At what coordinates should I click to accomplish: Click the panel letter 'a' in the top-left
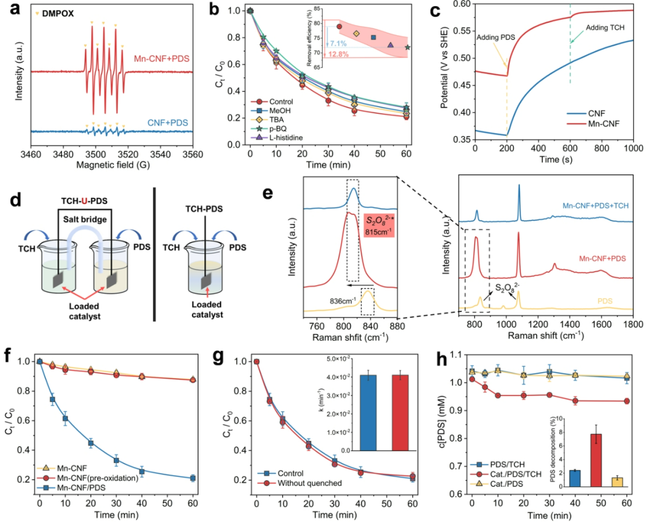(7, 8)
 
